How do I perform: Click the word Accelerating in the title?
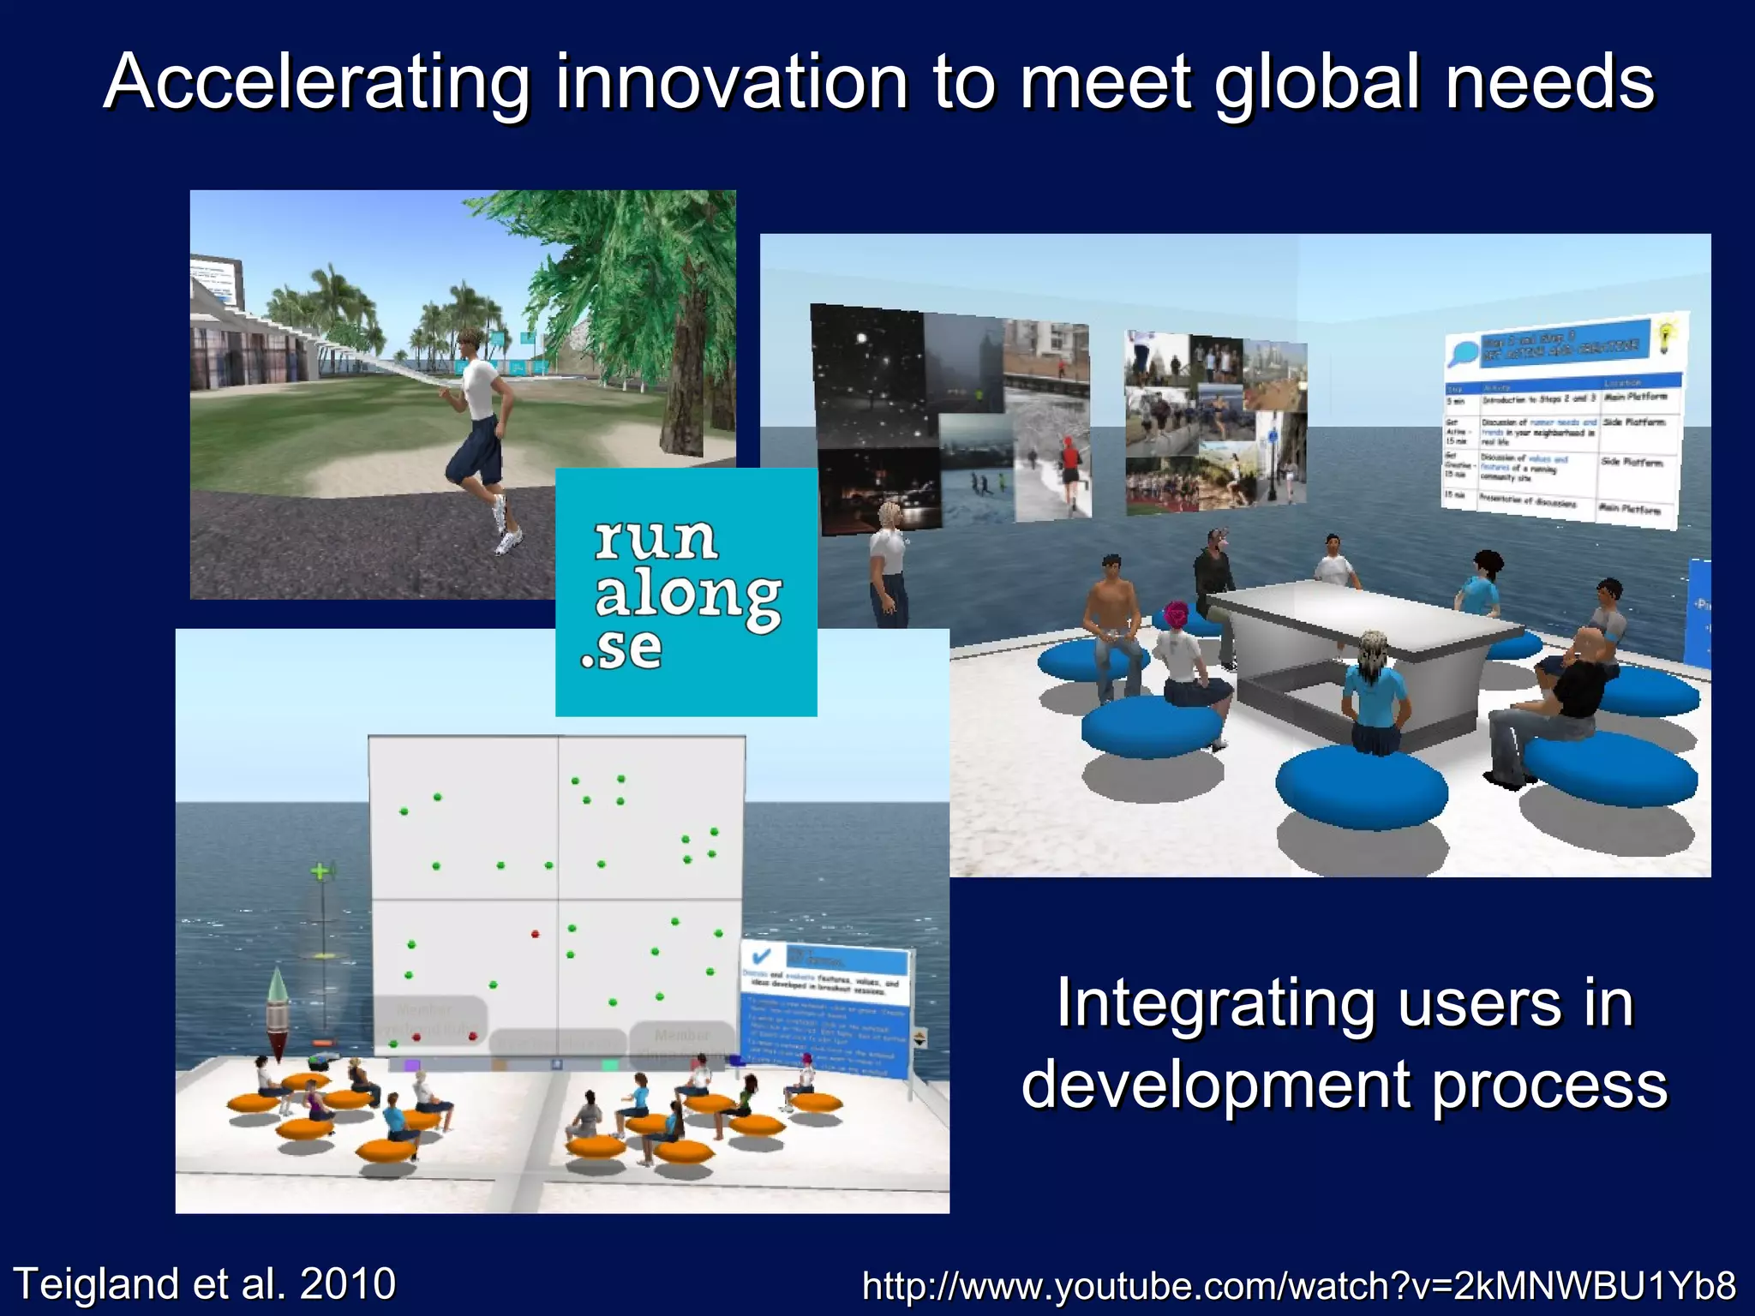[317, 82]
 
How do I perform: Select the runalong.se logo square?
[686, 591]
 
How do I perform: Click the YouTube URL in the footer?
[1299, 1285]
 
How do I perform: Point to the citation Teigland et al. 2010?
[206, 1283]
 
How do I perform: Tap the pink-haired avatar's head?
[1176, 616]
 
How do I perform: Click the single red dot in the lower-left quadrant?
[535, 934]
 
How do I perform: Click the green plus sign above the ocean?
[320, 872]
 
